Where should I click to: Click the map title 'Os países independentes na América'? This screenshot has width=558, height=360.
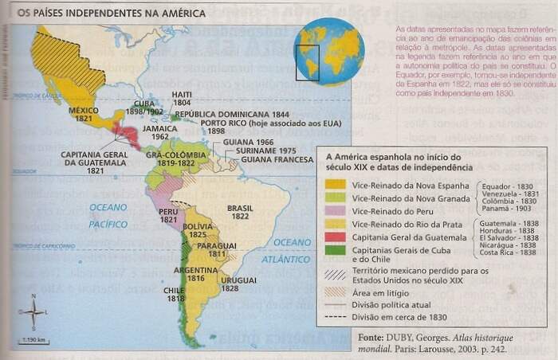[111, 14]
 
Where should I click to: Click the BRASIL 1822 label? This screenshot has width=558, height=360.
[239, 211]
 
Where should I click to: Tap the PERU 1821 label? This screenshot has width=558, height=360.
[168, 216]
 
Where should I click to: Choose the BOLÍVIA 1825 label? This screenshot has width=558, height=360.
[198, 230]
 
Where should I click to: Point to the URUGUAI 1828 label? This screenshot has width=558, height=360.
[234, 284]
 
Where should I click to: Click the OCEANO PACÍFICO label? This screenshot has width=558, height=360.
[108, 215]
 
